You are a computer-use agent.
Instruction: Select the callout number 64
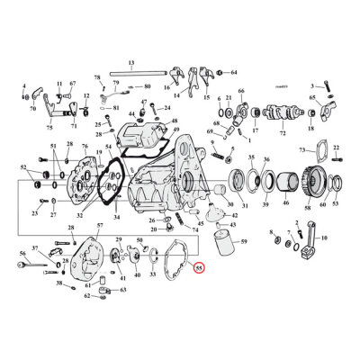point(233,72)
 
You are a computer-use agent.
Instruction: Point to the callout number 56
point(22,255)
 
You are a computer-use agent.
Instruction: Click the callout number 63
point(123,291)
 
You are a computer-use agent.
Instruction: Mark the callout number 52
point(23,167)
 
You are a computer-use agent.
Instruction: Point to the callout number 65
point(312,96)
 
